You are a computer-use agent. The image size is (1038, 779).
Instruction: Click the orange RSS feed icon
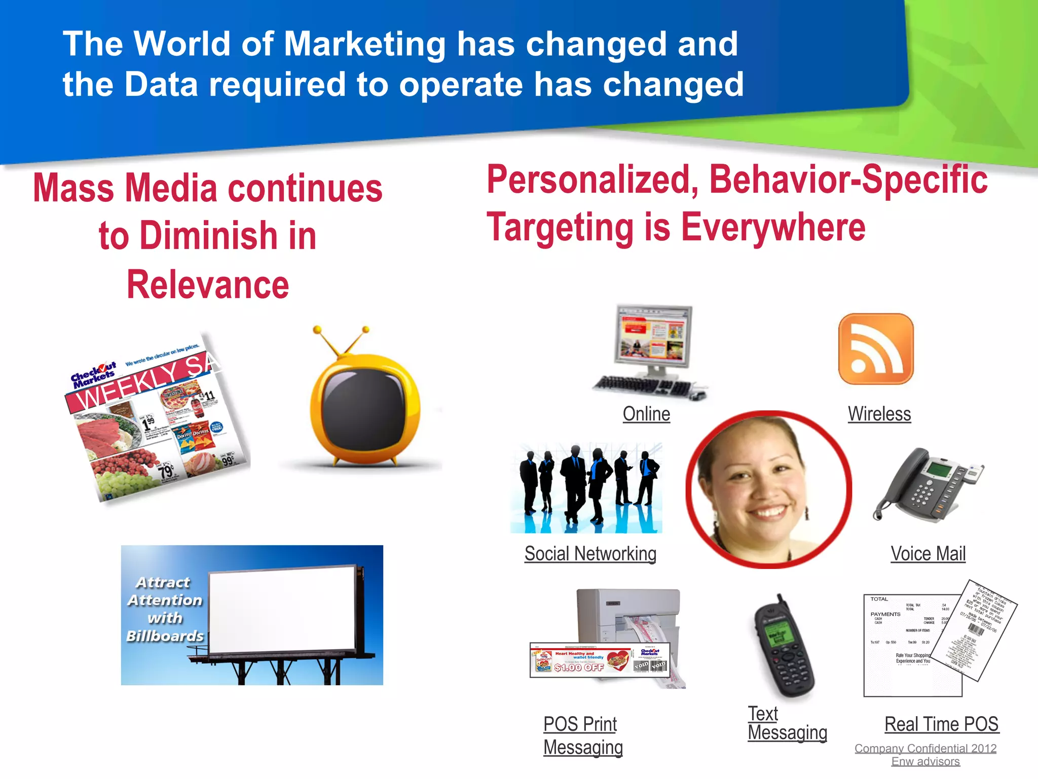876,349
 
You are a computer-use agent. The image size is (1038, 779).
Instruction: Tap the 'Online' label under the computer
646,414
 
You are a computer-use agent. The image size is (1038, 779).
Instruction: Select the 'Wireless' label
879,414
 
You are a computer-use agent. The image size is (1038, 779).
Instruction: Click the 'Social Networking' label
590,553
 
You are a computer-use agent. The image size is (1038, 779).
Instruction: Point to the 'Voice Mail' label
928,553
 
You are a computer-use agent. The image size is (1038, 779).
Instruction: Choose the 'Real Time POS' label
941,724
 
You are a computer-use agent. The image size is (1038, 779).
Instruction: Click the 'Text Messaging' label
787,723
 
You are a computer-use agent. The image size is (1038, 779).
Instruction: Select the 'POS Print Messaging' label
582,735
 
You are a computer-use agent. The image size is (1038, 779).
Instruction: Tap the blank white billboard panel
282,611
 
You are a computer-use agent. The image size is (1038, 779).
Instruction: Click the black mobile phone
783,647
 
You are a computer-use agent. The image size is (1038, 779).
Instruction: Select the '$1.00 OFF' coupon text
579,667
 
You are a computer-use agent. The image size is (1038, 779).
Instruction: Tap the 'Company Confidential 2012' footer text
925,748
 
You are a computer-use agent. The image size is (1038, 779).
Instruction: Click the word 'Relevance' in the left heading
207,285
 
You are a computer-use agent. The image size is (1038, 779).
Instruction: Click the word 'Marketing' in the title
364,44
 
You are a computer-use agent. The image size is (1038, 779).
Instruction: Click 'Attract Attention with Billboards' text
165,609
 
